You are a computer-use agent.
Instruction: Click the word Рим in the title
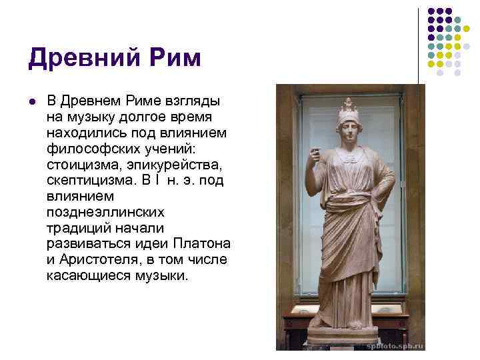[x=171, y=59]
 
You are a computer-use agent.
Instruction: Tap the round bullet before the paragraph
[x=31, y=101]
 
